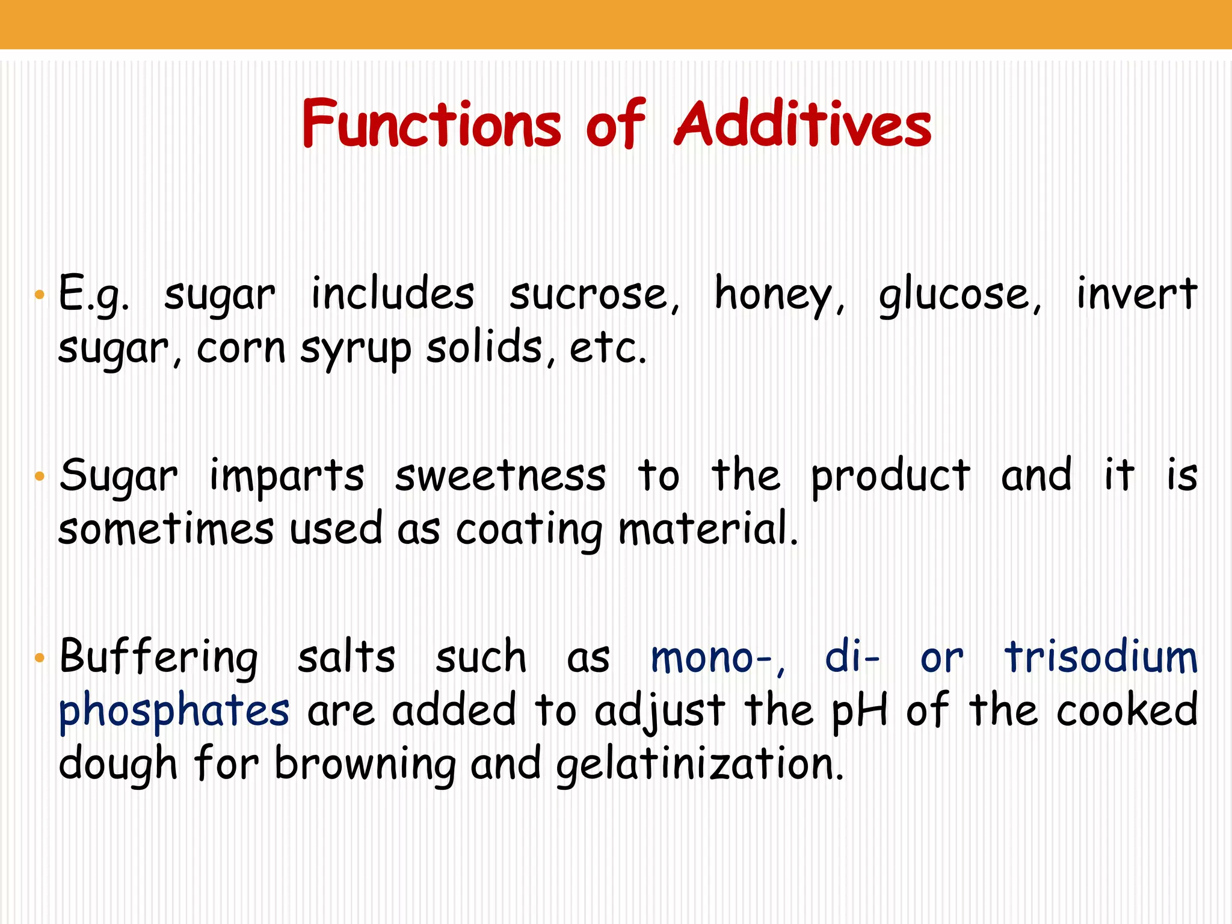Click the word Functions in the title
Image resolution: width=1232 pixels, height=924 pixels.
pyautogui.click(x=431, y=124)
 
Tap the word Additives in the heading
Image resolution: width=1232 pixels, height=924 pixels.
pyautogui.click(x=802, y=124)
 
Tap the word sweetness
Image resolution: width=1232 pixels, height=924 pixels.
pyautogui.click(x=500, y=476)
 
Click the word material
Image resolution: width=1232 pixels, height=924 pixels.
pyautogui.click(x=707, y=529)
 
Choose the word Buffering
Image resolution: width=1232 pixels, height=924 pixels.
pyautogui.click(x=159, y=658)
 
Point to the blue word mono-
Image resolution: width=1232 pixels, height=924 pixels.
pyautogui.click(x=716, y=658)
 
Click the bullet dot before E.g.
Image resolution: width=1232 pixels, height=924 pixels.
pyautogui.click(x=40, y=295)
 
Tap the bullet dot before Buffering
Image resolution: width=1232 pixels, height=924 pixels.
pyautogui.click(x=40, y=658)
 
